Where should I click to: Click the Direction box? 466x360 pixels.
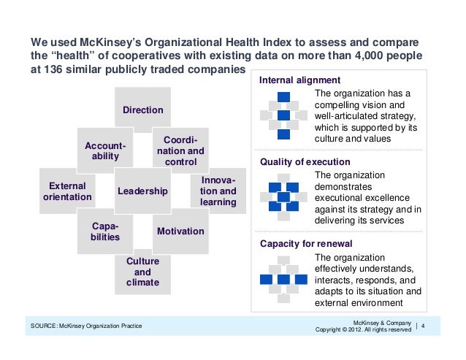pyautogui.click(x=142, y=110)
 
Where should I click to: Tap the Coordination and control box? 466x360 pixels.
pyautogui.click(x=180, y=150)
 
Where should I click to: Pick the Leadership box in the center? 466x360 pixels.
pyautogui.click(x=142, y=191)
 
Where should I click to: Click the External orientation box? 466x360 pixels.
pyautogui.click(x=67, y=191)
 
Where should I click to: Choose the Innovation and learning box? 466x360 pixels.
pyautogui.click(x=218, y=191)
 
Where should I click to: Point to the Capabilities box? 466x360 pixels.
pyautogui.click(x=105, y=231)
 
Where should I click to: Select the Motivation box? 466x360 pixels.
pyautogui.click(x=180, y=231)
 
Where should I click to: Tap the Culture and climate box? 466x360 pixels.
pyautogui.click(x=142, y=271)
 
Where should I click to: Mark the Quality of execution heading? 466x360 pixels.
pyautogui.click(x=299, y=161)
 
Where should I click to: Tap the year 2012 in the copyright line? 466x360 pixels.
pyautogui.click(x=363, y=329)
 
